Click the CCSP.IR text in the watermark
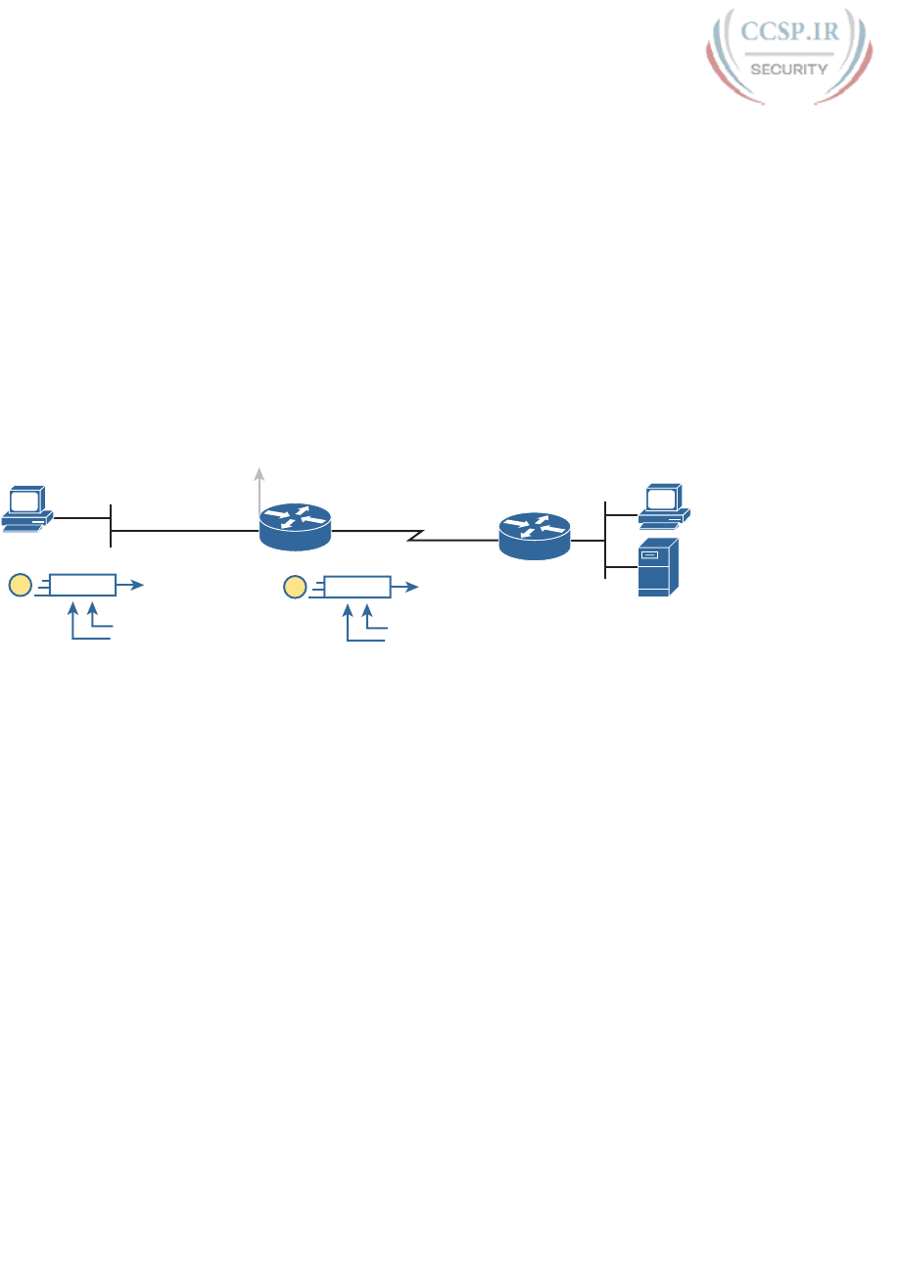[789, 31]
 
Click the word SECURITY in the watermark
[789, 69]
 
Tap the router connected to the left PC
[295, 527]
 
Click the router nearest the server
[534, 535]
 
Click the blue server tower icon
[657, 566]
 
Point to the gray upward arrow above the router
[260, 475]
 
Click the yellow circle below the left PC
[20, 586]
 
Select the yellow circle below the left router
[294, 587]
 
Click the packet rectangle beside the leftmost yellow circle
[83, 586]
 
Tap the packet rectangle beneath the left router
[357, 587]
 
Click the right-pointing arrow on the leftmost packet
[131, 586]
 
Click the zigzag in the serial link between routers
[415, 536]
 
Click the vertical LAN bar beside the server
[607, 539]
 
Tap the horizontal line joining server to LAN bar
[622, 566]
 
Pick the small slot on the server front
[648, 555]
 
